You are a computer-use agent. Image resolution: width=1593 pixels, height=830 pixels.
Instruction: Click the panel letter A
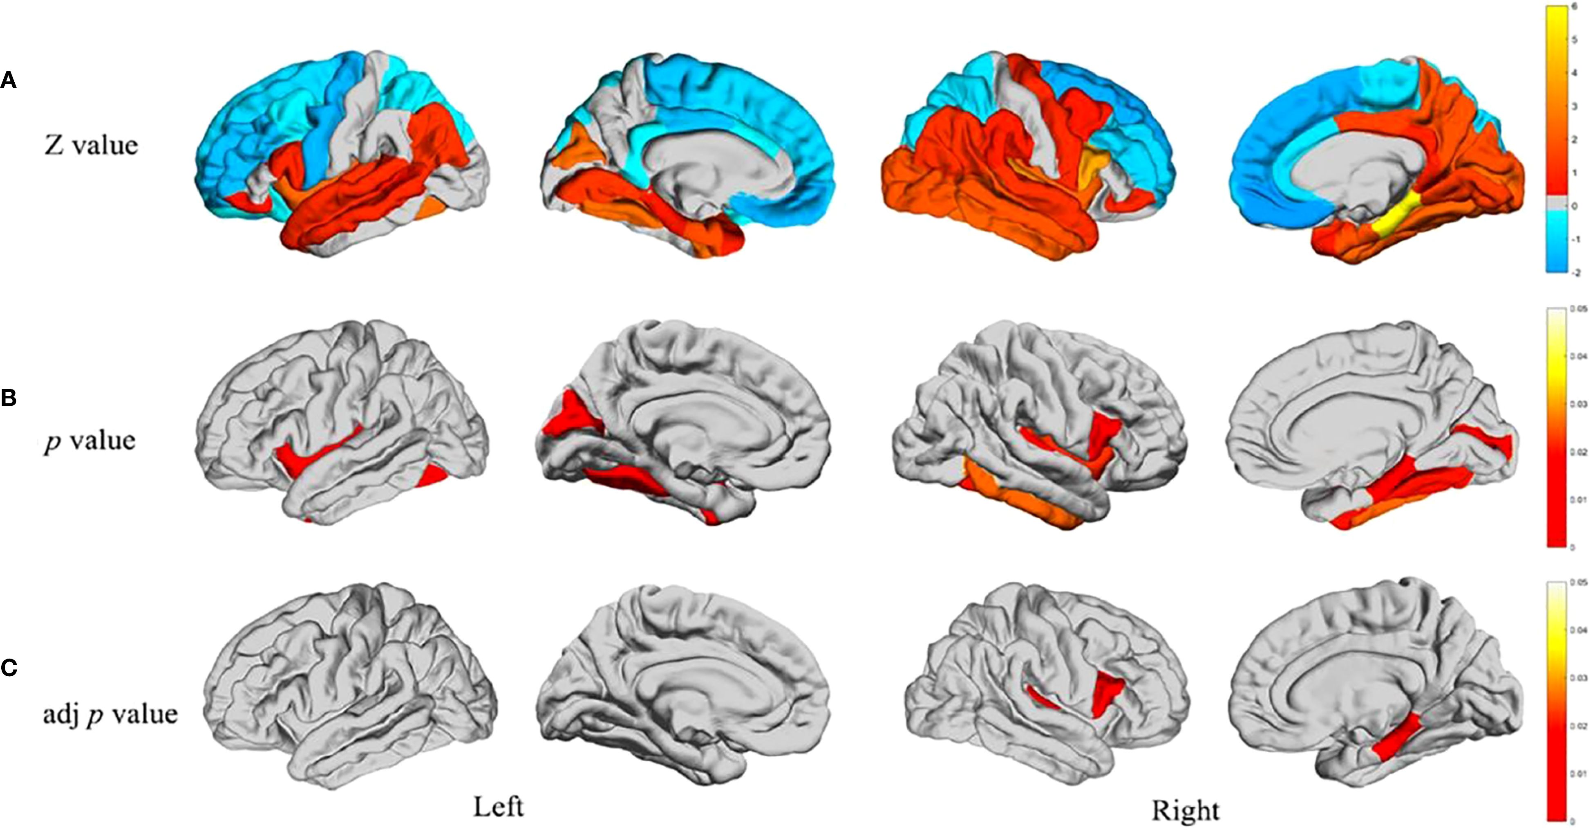click(x=8, y=81)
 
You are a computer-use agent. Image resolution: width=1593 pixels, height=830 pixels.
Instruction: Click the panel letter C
click(x=8, y=668)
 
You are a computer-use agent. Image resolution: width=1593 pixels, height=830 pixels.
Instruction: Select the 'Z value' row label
click(x=91, y=146)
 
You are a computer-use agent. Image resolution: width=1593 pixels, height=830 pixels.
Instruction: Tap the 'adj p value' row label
click(x=110, y=714)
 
